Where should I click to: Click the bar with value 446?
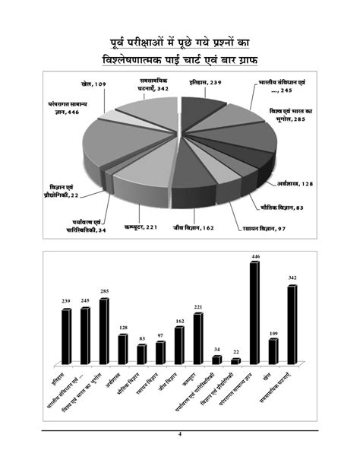(254, 312)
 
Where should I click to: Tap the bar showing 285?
(104, 331)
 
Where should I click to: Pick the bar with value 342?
(292, 324)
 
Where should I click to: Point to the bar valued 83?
(141, 354)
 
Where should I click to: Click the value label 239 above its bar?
(66, 302)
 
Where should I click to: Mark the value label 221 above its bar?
(197, 306)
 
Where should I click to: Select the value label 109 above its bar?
(273, 333)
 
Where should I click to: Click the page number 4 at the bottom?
(180, 434)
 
